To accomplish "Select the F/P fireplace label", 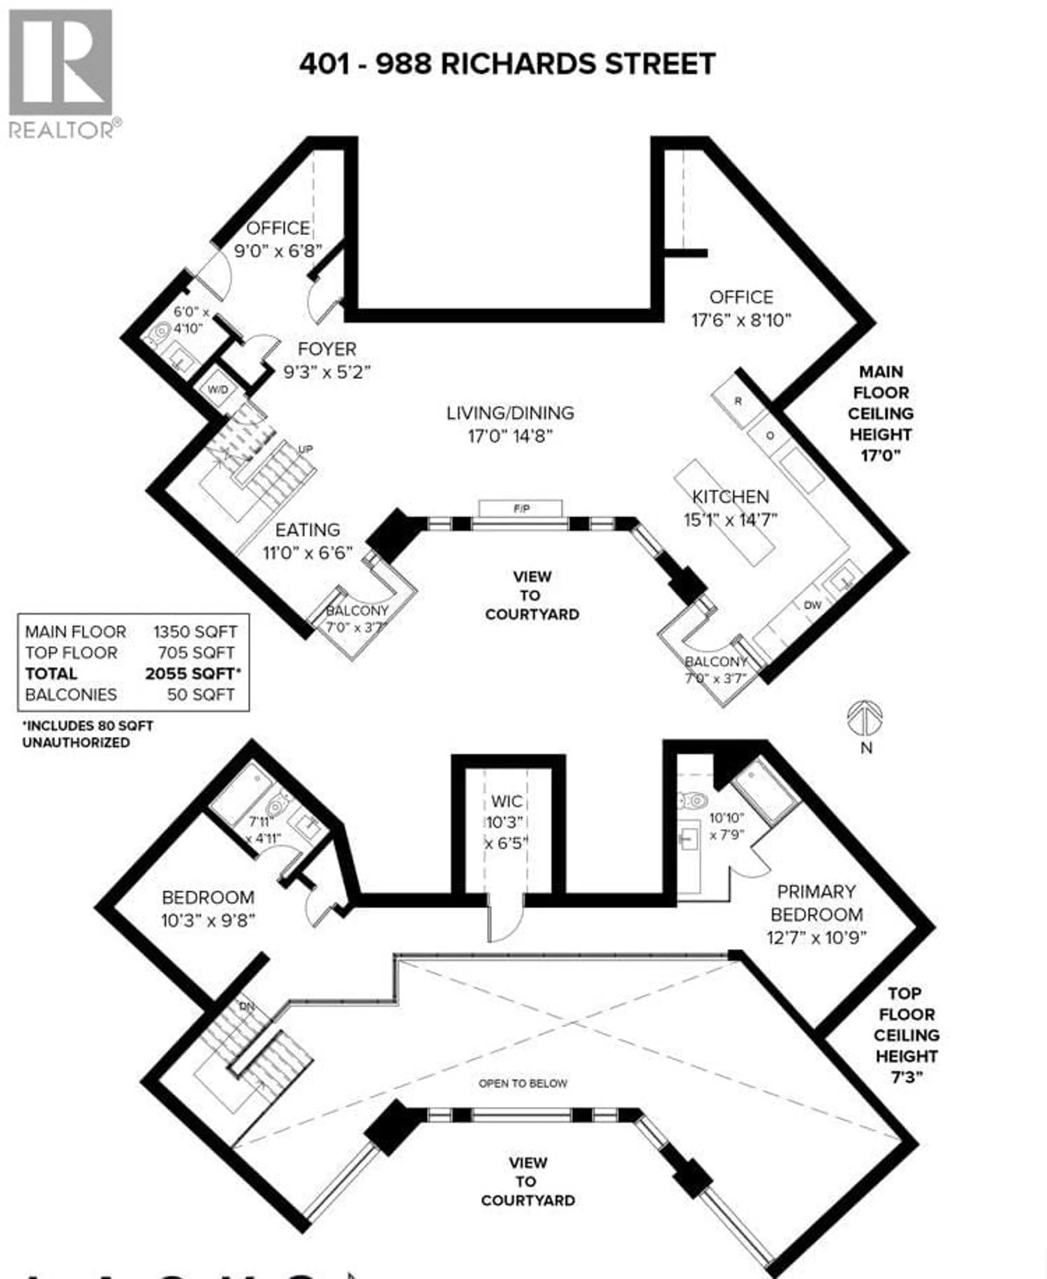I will [521, 509].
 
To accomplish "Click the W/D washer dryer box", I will [218, 390].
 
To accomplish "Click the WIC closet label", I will [507, 801].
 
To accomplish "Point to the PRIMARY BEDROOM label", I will [816, 903].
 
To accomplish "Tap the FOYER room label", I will [327, 349].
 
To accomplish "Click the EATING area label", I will [308, 530].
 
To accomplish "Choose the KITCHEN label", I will [730, 497].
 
